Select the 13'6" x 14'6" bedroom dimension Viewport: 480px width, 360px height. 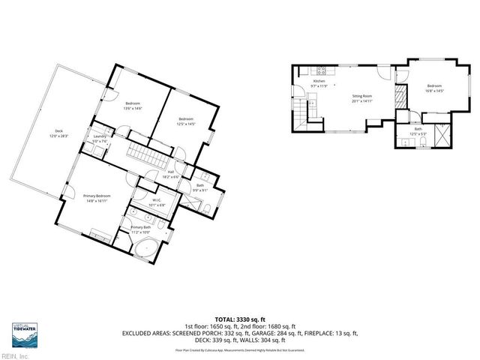pyautogui.click(x=133, y=108)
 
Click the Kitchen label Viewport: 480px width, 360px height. pyautogui.click(x=319, y=82)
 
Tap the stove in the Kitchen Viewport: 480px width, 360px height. pyautogui.click(x=320, y=72)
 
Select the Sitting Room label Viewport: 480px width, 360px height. pyautogui.click(x=362, y=96)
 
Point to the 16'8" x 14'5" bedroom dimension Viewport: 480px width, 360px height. pyautogui.click(x=434, y=91)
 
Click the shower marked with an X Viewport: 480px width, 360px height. pyautogui.click(x=441, y=138)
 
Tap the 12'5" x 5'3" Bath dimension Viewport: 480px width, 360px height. pyautogui.click(x=418, y=133)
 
